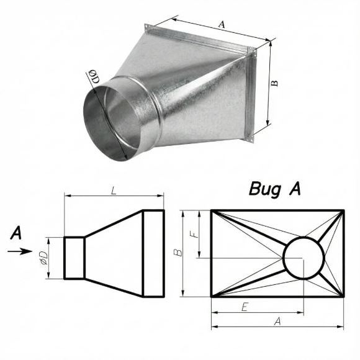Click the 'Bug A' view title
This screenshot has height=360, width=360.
tap(275, 189)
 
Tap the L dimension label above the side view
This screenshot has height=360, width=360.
tap(114, 191)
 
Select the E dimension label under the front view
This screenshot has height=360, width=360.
tap(245, 307)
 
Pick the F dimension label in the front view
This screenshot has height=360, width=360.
tap(194, 234)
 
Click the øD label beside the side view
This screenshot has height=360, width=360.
tap(43, 258)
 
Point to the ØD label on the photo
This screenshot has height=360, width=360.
tap(94, 77)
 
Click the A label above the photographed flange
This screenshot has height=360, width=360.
tap(222, 24)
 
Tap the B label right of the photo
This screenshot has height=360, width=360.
tap(274, 83)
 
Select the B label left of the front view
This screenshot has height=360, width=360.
tap(178, 253)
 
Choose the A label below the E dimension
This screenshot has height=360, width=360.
tap(278, 322)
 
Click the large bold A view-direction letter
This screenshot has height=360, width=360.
tap(16, 233)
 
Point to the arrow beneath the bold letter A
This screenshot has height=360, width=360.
tap(20, 251)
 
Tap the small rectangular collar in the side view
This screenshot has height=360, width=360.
tap(74, 258)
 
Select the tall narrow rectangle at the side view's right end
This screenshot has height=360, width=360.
tap(153, 253)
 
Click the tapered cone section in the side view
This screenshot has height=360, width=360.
tap(114, 253)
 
